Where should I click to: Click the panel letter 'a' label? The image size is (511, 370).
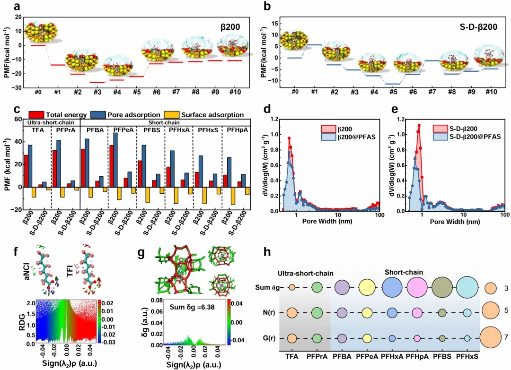(17, 7)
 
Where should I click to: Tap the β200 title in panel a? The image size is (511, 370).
(231, 27)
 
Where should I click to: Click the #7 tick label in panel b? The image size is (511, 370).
(432, 92)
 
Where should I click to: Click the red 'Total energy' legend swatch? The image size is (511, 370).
(36, 115)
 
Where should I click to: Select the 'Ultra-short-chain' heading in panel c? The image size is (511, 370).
(52, 122)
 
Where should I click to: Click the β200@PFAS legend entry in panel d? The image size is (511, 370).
(351, 137)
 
